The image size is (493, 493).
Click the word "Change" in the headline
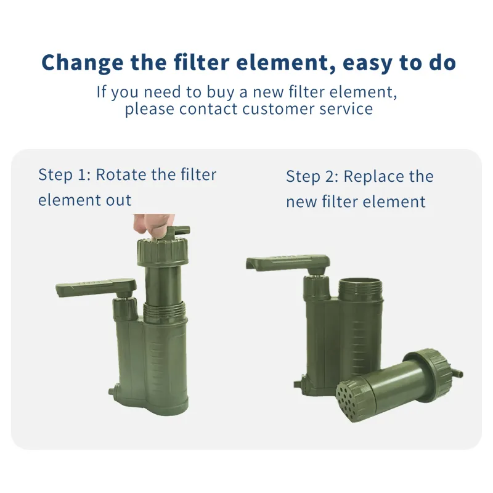pos(83,63)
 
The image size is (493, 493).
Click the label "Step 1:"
pos(65,175)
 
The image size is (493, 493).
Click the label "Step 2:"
pos(312,177)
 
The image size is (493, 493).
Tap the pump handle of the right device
pos(288,263)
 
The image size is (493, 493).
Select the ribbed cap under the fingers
pos(163,252)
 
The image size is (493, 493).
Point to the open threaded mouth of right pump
pos(361,288)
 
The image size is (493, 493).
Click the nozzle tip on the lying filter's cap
pos(458,373)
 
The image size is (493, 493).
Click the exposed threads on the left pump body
pos(165,311)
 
